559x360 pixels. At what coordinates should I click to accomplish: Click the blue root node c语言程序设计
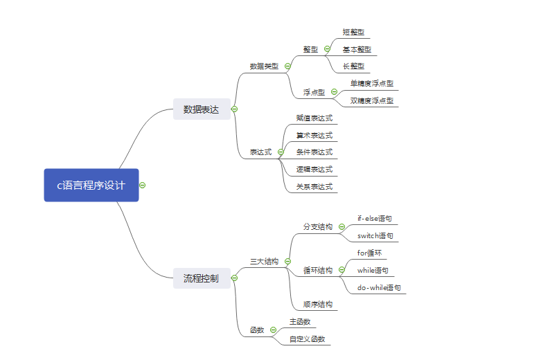point(91,185)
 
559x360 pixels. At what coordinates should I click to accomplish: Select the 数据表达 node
point(201,109)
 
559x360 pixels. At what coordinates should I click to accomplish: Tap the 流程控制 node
point(201,278)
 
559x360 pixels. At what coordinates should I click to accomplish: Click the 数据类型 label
point(264,66)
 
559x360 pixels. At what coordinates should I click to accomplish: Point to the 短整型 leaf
point(353,33)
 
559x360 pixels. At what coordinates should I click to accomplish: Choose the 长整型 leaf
point(353,66)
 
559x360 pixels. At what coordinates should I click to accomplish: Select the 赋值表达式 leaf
point(314,118)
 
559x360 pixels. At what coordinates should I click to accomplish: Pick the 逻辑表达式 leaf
point(314,169)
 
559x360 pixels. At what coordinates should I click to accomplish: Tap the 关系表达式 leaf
point(314,186)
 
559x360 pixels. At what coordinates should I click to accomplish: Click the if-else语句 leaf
point(375,218)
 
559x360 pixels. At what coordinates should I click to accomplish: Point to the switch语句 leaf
point(375,236)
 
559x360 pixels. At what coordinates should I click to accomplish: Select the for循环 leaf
point(369,253)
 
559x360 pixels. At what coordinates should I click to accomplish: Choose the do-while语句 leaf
point(379,287)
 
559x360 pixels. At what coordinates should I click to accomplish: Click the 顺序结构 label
point(318,304)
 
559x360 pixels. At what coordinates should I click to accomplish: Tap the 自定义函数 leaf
point(308,339)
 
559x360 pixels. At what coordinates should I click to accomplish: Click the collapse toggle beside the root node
point(142,185)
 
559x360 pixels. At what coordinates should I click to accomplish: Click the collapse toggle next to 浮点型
point(334,92)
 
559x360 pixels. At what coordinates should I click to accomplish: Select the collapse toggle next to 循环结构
point(341,270)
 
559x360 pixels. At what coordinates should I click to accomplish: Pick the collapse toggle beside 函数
point(274,330)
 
